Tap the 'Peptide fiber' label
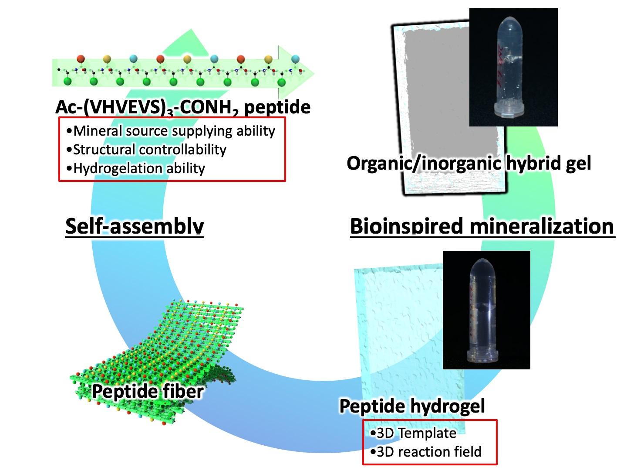point(148,391)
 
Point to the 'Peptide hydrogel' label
point(412,406)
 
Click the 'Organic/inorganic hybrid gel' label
point(469,163)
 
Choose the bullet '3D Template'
point(413,433)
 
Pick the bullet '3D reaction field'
point(425,451)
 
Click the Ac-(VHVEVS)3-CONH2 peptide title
point(183,107)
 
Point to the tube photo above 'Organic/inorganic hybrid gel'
point(513,67)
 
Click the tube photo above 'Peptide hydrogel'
point(486,310)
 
